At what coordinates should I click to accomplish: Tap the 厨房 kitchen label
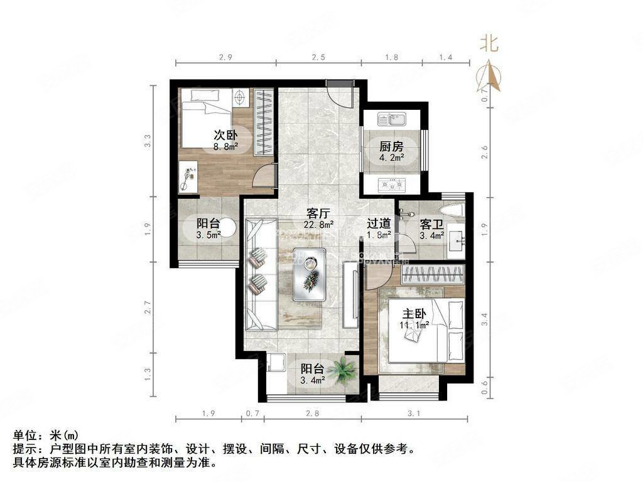coord(391,146)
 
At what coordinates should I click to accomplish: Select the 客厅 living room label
coord(319,213)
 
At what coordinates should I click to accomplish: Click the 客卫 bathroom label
coord(431,223)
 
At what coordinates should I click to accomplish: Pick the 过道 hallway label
coord(379,223)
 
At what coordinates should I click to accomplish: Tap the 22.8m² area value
coord(319,224)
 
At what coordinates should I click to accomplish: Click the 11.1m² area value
coord(414,325)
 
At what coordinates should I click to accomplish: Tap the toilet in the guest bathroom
coord(451,210)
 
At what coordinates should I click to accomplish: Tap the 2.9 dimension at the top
coord(226,58)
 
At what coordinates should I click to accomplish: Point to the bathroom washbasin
coord(458,238)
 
